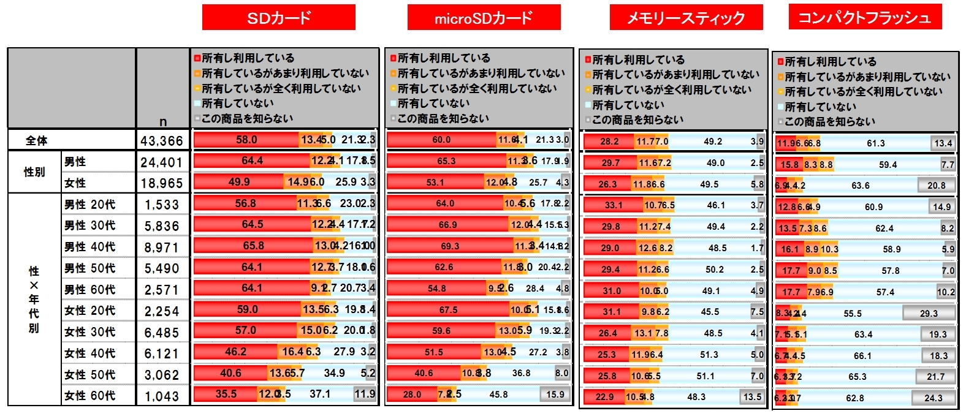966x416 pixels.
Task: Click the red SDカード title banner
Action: (278, 18)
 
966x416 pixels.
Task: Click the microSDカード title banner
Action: (484, 18)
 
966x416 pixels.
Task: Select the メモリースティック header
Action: (686, 18)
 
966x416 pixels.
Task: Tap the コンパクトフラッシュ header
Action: (864, 17)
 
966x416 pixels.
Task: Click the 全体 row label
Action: (37, 140)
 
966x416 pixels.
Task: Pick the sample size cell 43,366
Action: (162, 141)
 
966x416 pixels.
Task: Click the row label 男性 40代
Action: (89, 247)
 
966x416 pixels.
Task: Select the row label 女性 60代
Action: (89, 396)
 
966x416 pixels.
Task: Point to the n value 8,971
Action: (162, 248)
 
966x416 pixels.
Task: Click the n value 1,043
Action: (162, 396)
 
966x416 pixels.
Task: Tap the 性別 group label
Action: (34, 172)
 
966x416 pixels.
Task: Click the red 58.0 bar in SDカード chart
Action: (246, 140)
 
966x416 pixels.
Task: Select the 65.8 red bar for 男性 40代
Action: (253, 246)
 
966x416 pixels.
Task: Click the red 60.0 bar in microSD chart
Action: (441, 140)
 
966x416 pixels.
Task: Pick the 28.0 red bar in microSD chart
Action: (411, 395)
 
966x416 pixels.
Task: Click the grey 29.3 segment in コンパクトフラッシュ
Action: (929, 314)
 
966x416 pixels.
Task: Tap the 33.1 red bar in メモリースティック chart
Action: (613, 205)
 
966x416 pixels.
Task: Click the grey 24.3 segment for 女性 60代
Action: (933, 398)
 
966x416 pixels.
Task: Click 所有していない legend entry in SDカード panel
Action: (237, 104)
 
